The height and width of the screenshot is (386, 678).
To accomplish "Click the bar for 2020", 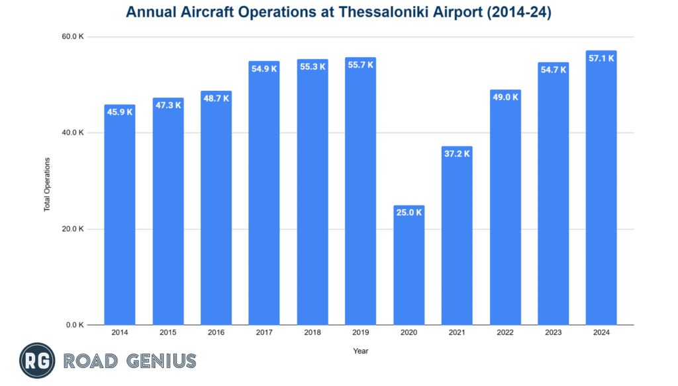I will [x=409, y=265].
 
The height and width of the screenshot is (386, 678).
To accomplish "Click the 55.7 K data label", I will [x=361, y=65].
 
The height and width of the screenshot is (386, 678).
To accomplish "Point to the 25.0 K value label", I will [x=409, y=213].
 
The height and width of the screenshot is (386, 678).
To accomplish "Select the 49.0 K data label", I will [x=505, y=97].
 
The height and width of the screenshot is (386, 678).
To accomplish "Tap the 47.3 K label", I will [x=168, y=105].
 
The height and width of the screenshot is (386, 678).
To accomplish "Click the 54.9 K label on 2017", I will [x=264, y=68].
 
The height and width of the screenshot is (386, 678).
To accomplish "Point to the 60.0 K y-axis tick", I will [x=73, y=36].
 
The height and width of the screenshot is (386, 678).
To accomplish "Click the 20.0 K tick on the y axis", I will [x=73, y=229].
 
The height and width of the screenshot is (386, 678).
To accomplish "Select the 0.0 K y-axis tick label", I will [x=75, y=325].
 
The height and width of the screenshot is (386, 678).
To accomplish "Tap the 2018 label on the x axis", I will [x=313, y=334].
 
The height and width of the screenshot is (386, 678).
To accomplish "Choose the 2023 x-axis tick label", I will [x=553, y=334].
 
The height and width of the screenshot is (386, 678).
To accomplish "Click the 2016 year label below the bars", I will [x=216, y=334].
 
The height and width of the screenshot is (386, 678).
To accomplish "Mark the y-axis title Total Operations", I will [x=47, y=184].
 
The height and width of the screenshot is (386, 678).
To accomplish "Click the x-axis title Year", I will [x=361, y=351].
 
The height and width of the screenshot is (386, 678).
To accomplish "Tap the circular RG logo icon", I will [x=37, y=361].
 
